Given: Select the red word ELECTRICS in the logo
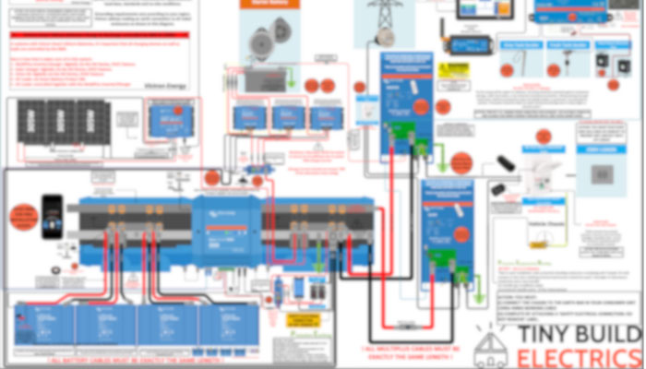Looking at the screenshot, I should [x=579, y=359].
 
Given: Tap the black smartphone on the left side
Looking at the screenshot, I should [x=52, y=216].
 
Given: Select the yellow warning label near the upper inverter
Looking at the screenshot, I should [x=453, y=70].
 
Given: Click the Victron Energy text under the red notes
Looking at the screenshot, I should [x=165, y=85].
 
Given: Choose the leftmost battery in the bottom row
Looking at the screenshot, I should [x=43, y=326].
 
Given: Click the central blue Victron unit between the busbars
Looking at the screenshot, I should [x=225, y=229].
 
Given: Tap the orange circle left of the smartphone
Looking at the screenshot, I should [x=20, y=218].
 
